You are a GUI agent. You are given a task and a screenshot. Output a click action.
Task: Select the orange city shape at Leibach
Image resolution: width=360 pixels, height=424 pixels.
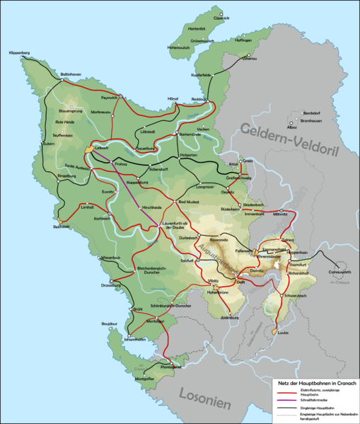(x=88, y=149)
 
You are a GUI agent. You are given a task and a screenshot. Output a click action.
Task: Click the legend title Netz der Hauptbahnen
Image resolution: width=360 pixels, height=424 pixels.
(x=315, y=383)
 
